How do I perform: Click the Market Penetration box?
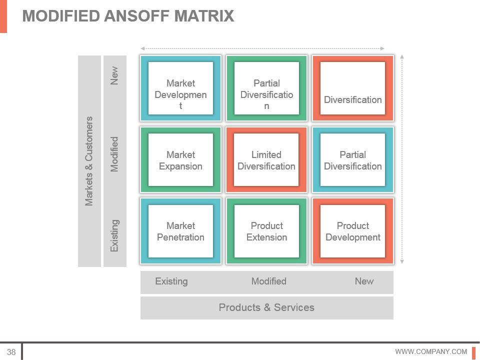pyautogui.click(x=180, y=231)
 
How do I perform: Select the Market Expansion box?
pyautogui.click(x=180, y=160)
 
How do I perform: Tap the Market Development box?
pyautogui.click(x=180, y=89)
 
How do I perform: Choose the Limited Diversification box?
pyautogui.click(x=266, y=160)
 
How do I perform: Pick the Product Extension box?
pyautogui.click(x=266, y=231)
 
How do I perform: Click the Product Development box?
pyautogui.click(x=353, y=231)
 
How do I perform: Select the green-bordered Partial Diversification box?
pyautogui.click(x=266, y=89)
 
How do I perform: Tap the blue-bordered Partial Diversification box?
pyautogui.click(x=353, y=160)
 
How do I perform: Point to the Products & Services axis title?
pyautogui.click(x=266, y=307)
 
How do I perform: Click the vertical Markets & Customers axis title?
pyautogui.click(x=89, y=161)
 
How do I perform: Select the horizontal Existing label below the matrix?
pyautogui.click(x=171, y=281)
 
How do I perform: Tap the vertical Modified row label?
pyautogui.click(x=115, y=154)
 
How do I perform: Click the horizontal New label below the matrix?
pyautogui.click(x=364, y=281)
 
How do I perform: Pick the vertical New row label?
pyautogui.click(x=115, y=75)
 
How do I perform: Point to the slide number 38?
pyautogui.click(x=11, y=351)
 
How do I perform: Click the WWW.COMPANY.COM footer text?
pyautogui.click(x=431, y=351)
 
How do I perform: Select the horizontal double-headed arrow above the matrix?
pyautogui.click(x=262, y=48)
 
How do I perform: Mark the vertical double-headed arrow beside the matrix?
pyautogui.click(x=402, y=158)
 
